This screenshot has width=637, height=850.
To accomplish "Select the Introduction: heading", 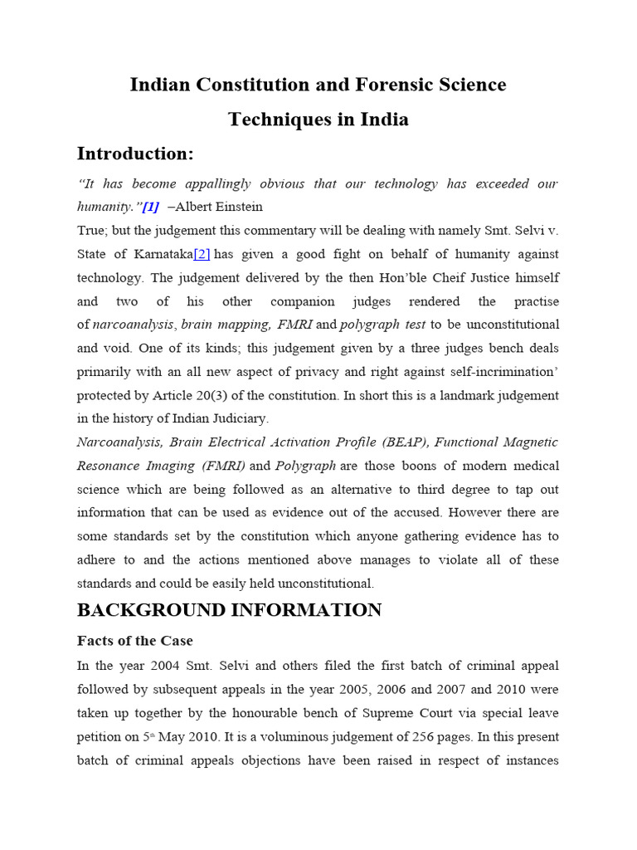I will [x=135, y=154].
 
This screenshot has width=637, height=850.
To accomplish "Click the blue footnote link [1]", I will [x=150, y=207].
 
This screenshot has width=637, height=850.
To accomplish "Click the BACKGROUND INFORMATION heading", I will [x=229, y=610].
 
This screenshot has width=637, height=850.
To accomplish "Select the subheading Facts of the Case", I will [x=135, y=641].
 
